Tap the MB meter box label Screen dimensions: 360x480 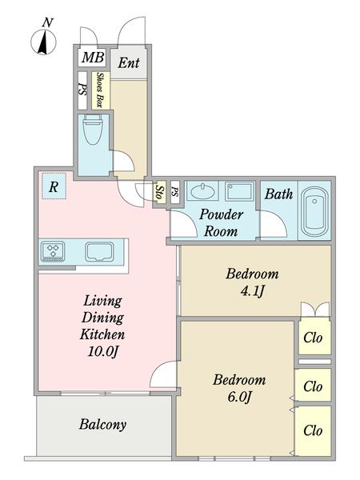coord(93,58)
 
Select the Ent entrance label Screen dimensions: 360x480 coord(129,63)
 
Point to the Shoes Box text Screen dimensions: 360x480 coord(99,90)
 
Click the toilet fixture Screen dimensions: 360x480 coord(94,130)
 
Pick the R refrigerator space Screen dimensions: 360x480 coord(54,186)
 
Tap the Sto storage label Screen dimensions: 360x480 coord(159,193)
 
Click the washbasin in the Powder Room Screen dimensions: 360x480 coord(202,191)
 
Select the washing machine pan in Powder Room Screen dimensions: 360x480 coord(239,191)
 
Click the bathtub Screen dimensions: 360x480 coord(314,210)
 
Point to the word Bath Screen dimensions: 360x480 coord(278,194)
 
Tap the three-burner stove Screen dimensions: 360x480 coord(53,251)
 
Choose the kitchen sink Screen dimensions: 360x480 coord(99,252)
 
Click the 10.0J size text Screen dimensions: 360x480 coord(103,351)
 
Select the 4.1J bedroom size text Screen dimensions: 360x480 coord(252,291)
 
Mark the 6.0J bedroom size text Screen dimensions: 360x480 coord(240,397)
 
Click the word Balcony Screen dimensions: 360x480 coord(103,425)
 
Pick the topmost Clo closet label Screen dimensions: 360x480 coord(313,338)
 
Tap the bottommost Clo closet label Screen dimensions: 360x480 coord(313,430)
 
